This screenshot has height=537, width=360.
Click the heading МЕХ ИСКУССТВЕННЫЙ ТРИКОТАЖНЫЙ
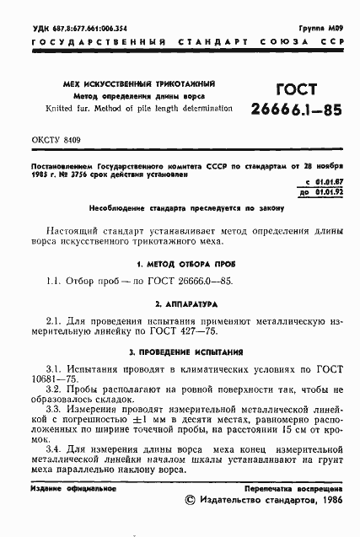tap(138, 85)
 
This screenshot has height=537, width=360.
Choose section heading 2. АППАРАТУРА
tap(180, 302)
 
